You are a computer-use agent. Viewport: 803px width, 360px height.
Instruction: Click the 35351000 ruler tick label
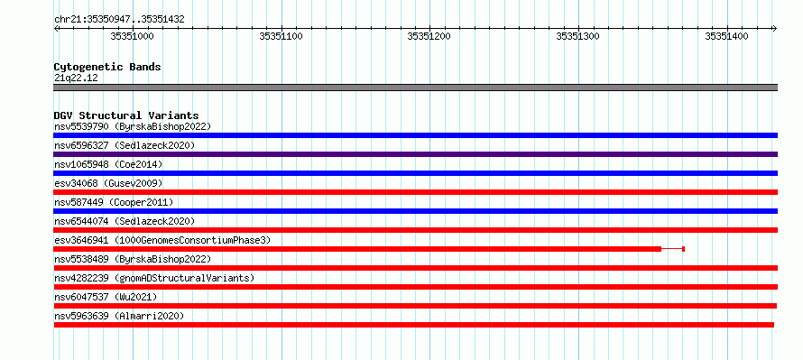[132, 36]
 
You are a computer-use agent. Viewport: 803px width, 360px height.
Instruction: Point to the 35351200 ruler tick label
[429, 36]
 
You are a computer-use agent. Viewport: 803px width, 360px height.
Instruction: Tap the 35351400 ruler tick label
[726, 36]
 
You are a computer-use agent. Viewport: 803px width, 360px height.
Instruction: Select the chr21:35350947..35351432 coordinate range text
[119, 20]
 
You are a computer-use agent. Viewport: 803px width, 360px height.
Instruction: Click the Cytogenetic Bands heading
[107, 67]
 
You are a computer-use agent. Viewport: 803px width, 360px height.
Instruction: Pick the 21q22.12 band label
[76, 78]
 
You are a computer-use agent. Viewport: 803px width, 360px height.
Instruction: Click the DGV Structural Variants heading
[126, 115]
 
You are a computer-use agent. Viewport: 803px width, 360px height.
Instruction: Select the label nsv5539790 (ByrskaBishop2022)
[133, 126]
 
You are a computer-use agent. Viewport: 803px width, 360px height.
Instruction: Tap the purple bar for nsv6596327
[415, 154]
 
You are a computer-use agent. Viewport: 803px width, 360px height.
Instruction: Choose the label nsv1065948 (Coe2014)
[108, 164]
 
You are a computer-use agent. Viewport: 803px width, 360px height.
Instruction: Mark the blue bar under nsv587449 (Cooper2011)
[415, 211]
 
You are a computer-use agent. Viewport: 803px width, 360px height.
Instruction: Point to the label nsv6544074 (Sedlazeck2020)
[125, 221]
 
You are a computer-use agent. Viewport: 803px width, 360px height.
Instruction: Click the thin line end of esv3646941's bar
[684, 249]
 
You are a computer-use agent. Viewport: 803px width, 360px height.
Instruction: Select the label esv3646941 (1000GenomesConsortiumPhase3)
[162, 240]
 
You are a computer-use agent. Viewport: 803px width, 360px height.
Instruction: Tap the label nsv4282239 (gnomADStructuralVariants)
[154, 278]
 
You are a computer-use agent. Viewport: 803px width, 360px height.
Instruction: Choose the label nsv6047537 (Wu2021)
[106, 297]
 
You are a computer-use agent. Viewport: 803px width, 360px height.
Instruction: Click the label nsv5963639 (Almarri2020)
[119, 316]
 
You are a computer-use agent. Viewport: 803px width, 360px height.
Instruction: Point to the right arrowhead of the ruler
[775, 28]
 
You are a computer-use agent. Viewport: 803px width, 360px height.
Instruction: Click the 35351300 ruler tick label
[578, 36]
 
